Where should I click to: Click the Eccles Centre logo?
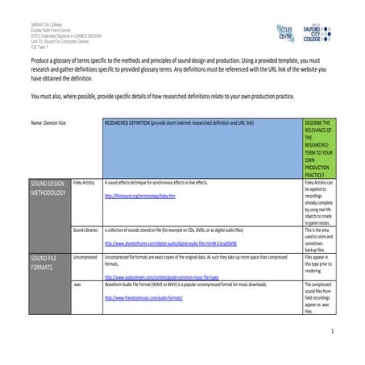pyautogui.click(x=283, y=37)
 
